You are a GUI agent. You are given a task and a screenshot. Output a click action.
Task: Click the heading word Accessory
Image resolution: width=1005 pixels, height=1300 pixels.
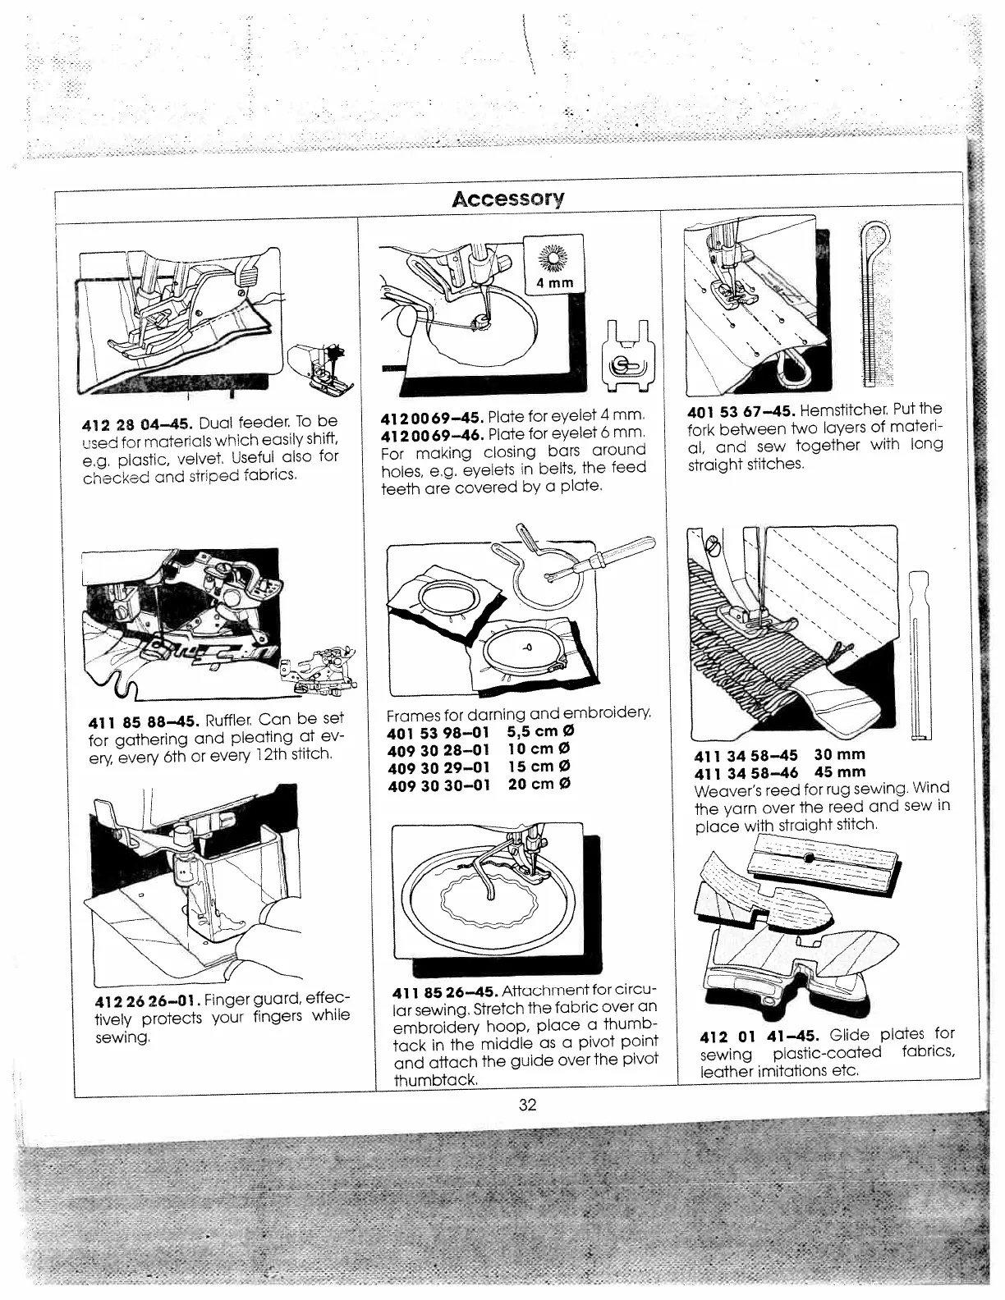tap(509, 199)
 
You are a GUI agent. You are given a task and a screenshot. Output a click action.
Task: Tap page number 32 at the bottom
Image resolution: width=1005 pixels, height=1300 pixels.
tap(527, 1105)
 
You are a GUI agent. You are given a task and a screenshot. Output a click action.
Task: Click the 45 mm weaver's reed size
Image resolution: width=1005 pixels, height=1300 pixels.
tap(840, 772)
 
